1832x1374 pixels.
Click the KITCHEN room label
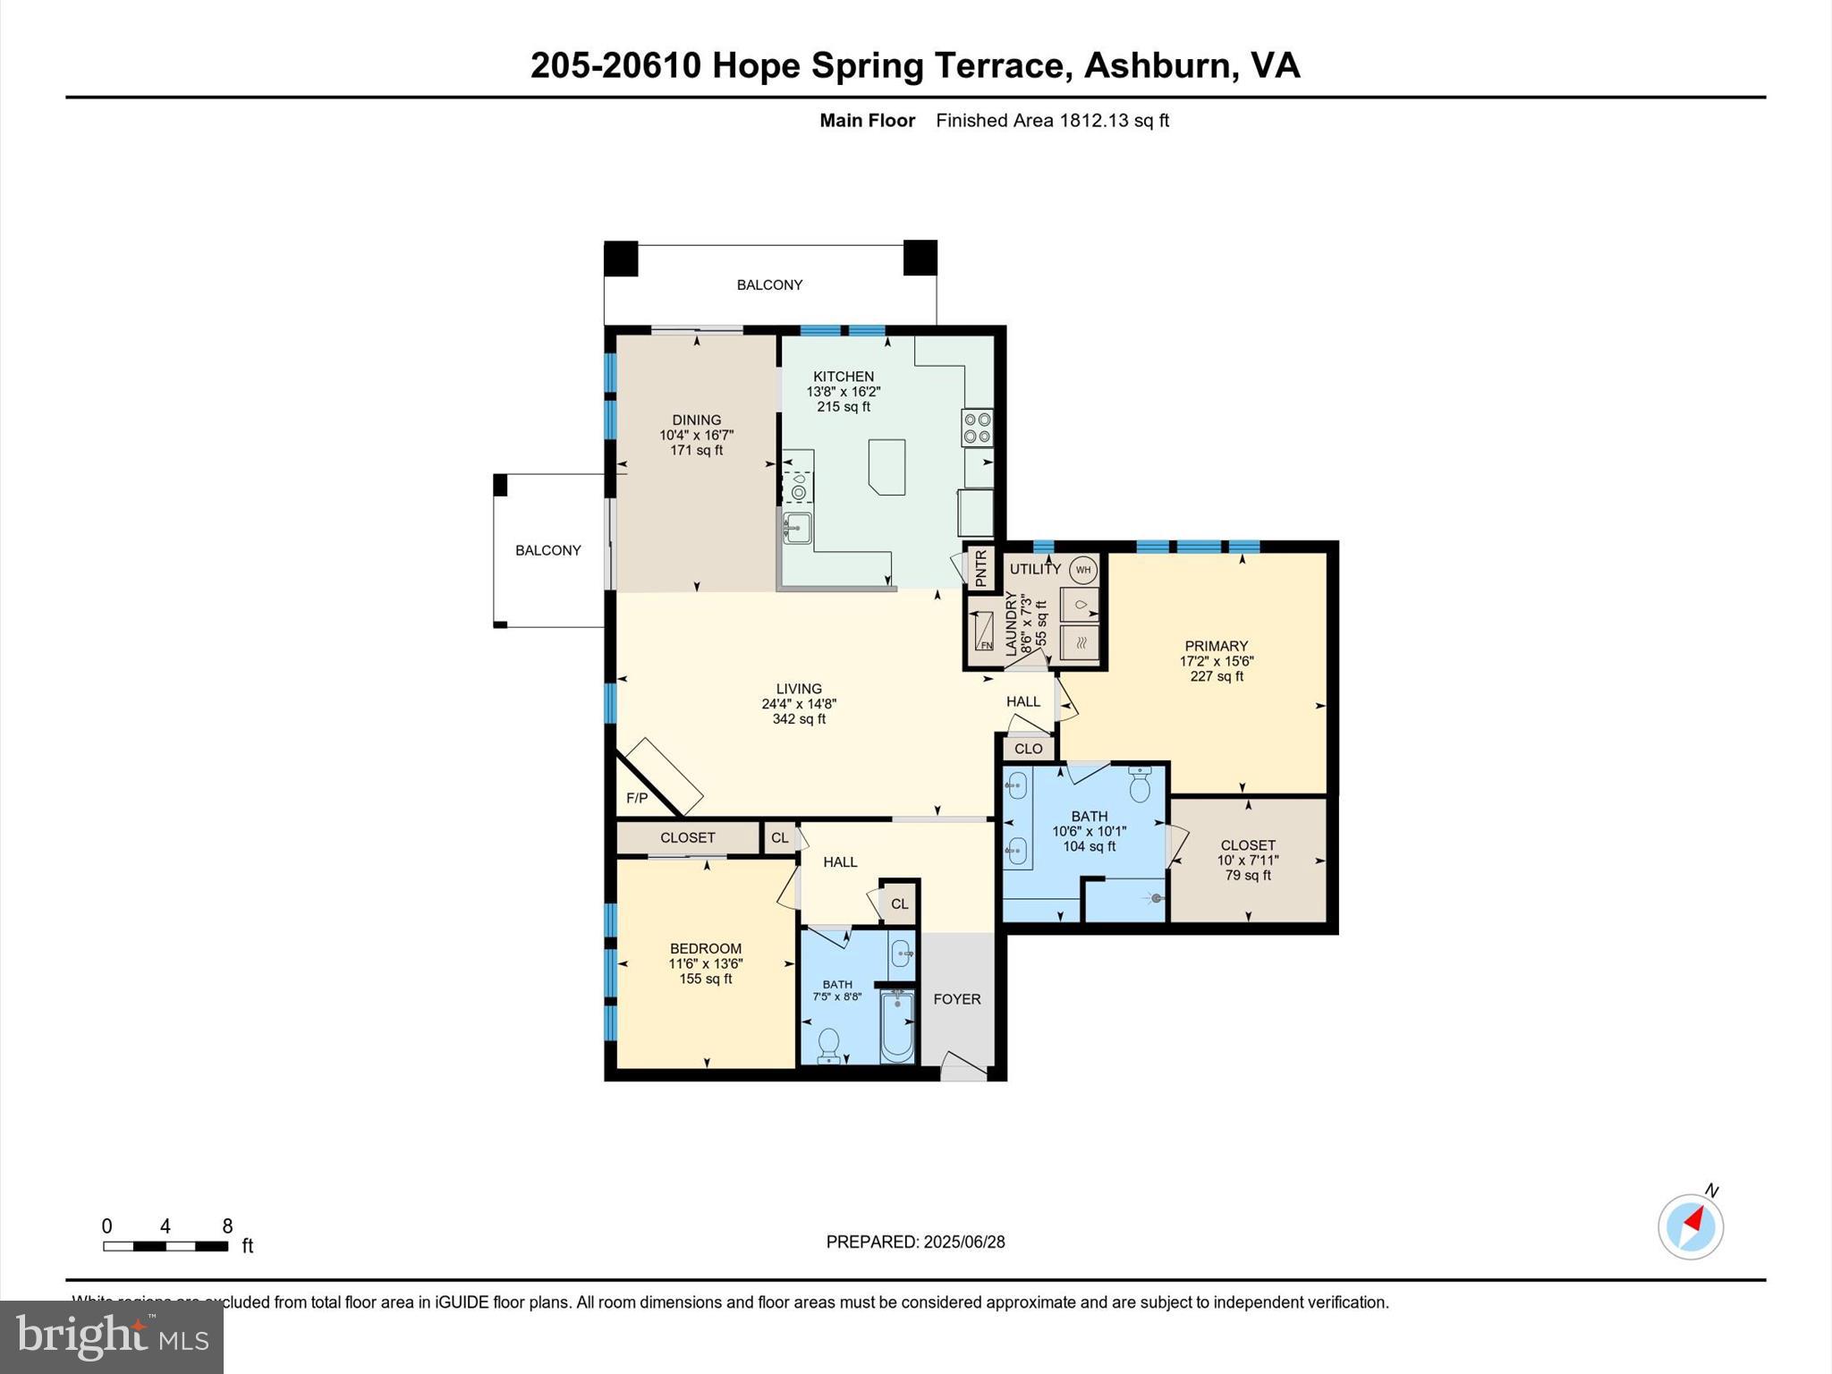click(843, 377)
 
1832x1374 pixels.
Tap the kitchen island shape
click(886, 466)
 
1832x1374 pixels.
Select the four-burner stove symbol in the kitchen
click(977, 428)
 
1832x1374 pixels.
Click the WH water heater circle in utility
click(1083, 570)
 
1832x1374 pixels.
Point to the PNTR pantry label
click(980, 568)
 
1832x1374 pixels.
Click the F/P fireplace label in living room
click(636, 798)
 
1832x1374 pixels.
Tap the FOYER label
click(956, 999)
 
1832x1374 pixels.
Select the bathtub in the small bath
click(897, 1026)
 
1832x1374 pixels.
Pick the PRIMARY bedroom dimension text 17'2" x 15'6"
click(1216, 661)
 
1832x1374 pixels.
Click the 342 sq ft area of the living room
click(799, 719)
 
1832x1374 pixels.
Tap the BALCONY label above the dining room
click(769, 284)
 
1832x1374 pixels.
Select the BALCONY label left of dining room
click(547, 550)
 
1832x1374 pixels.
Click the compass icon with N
click(1691, 1226)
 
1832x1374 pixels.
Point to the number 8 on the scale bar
click(227, 1226)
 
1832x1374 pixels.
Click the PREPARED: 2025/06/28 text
click(915, 1242)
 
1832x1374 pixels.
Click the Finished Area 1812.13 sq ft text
click(1052, 121)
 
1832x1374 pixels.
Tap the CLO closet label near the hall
click(1028, 749)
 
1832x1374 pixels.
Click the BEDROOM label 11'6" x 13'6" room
click(706, 948)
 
